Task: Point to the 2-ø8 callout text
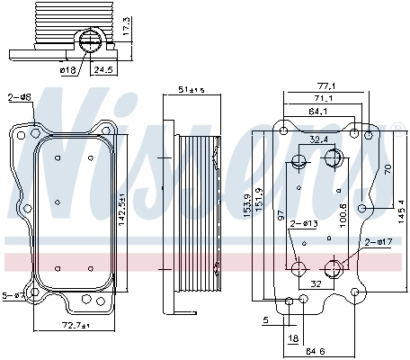pos(18,96)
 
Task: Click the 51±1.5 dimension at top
pos(192,89)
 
